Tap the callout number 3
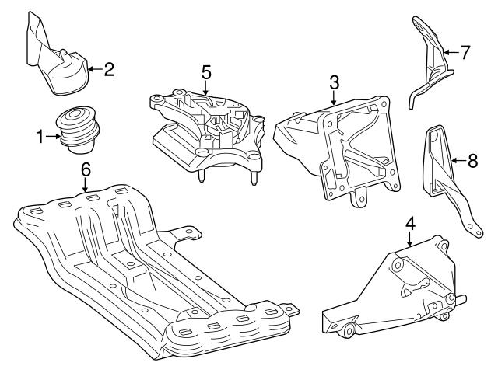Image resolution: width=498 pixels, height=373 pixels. pyautogui.click(x=333, y=81)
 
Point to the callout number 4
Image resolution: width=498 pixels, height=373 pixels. pyautogui.click(x=410, y=224)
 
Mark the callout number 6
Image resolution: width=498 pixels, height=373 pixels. pyautogui.click(x=86, y=168)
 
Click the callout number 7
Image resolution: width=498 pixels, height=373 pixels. pyautogui.click(x=465, y=54)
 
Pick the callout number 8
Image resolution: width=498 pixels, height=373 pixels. pyautogui.click(x=472, y=162)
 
